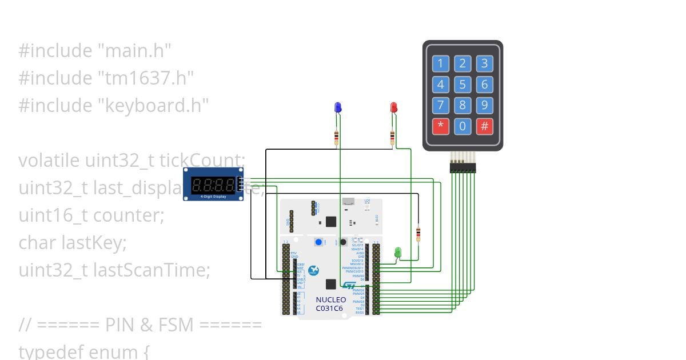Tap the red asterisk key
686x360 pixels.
coord(440,126)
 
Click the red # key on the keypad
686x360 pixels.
coord(484,126)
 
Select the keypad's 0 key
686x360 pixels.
coord(462,126)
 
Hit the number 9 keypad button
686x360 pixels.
coord(484,105)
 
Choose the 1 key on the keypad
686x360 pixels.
coord(440,63)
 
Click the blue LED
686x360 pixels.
coord(338,107)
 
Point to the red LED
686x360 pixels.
coord(393,107)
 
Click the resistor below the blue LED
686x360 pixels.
coord(336,137)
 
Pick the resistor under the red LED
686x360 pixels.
coord(392,137)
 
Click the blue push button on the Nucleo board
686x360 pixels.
coord(318,242)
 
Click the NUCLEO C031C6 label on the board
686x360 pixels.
coord(330,304)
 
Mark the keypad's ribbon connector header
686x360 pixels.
coord(462,167)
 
